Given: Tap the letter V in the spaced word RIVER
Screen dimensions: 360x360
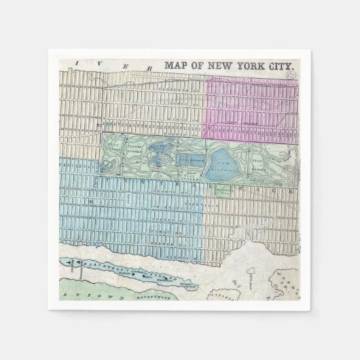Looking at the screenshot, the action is coord(101,63).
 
